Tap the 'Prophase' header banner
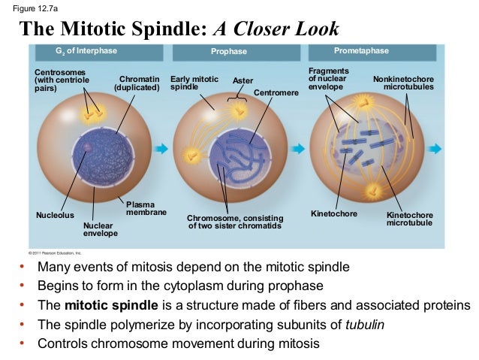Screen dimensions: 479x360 click(228, 52)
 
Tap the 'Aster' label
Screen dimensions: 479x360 click(243, 80)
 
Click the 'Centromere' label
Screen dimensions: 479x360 click(276, 92)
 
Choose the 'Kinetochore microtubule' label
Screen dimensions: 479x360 click(409, 219)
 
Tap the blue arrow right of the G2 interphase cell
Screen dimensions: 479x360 click(160, 150)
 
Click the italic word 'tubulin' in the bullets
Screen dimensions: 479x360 click(364, 325)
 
